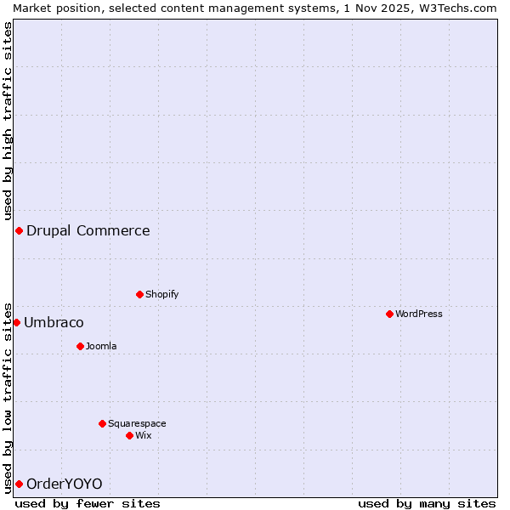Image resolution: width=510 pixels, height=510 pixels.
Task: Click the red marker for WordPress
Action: [390, 314]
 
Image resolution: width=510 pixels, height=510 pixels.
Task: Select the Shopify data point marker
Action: [140, 294]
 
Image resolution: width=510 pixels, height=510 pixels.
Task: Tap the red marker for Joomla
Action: [81, 346]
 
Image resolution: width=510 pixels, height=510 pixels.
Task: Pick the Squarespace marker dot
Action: [103, 423]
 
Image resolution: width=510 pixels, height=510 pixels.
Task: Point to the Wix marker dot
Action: [130, 435]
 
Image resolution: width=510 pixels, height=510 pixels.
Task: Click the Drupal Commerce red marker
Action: [19, 230]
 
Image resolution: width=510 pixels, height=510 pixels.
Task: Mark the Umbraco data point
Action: [16, 322]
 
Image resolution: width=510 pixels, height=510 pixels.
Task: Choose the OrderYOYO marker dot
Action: [19, 484]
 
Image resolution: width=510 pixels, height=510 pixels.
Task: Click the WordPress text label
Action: [419, 314]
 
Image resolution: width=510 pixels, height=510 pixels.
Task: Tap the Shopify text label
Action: [162, 294]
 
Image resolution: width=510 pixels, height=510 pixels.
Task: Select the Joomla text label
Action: [101, 346]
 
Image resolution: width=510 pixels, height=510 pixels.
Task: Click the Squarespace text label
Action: [137, 423]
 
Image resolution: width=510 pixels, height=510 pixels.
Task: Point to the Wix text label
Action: [144, 435]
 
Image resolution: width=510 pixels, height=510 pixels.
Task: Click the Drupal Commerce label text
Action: [88, 230]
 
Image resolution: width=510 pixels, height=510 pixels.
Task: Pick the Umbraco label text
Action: [54, 322]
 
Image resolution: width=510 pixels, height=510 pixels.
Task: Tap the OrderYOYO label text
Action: [65, 484]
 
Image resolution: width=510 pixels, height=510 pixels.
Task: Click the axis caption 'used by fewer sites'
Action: [88, 503]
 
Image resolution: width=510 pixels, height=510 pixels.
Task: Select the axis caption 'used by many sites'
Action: [427, 503]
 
